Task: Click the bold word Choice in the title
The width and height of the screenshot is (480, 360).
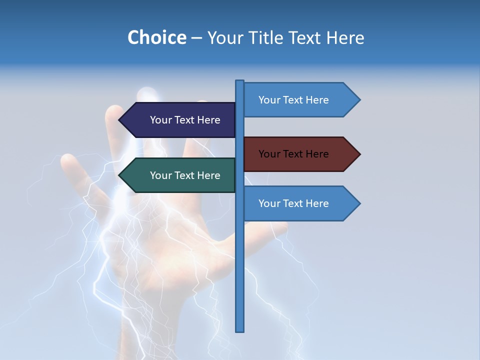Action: point(156,37)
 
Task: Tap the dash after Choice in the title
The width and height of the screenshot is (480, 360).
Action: point(196,38)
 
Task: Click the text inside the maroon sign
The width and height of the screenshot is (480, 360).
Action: point(293,154)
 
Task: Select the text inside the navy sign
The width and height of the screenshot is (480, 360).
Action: point(185,120)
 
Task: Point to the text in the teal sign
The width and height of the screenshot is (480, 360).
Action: point(185,175)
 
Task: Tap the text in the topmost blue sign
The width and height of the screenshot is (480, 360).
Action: point(293,100)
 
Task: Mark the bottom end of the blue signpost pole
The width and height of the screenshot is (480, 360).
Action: point(240,329)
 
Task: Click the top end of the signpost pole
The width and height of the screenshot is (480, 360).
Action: point(240,82)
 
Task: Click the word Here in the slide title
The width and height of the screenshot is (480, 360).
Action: point(345,37)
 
